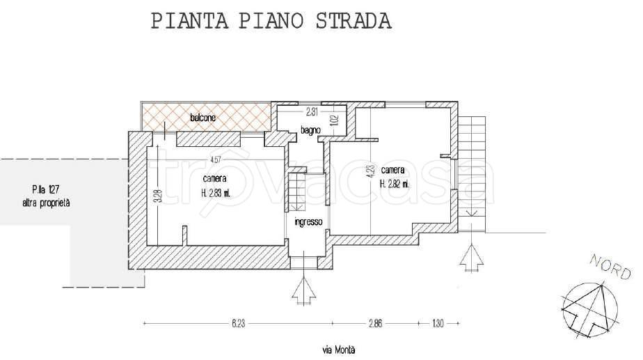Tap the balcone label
203,118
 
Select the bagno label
310,130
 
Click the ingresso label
308,222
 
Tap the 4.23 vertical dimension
370,169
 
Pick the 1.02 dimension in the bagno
334,119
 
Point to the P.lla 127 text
45,189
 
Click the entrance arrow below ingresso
305,290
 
